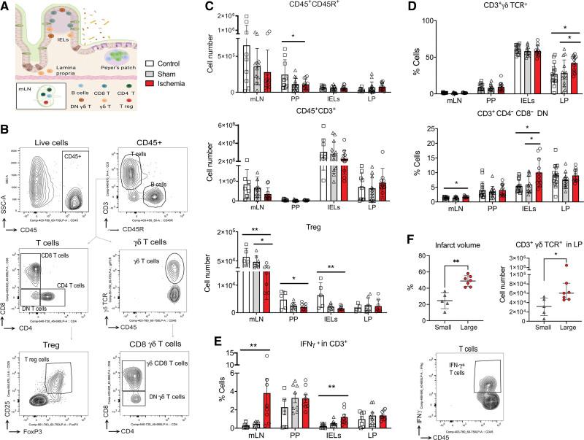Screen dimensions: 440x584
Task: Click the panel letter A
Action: (x=6, y=6)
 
